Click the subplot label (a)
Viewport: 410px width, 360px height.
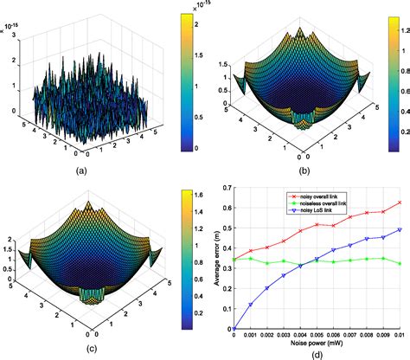pyautogui.click(x=82, y=170)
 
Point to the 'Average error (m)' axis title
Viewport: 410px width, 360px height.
pyautogui.click(x=215, y=256)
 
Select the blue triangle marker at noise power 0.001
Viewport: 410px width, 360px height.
pyautogui.click(x=251, y=305)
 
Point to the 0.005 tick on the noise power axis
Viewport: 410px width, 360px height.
pyautogui.click(x=317, y=333)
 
